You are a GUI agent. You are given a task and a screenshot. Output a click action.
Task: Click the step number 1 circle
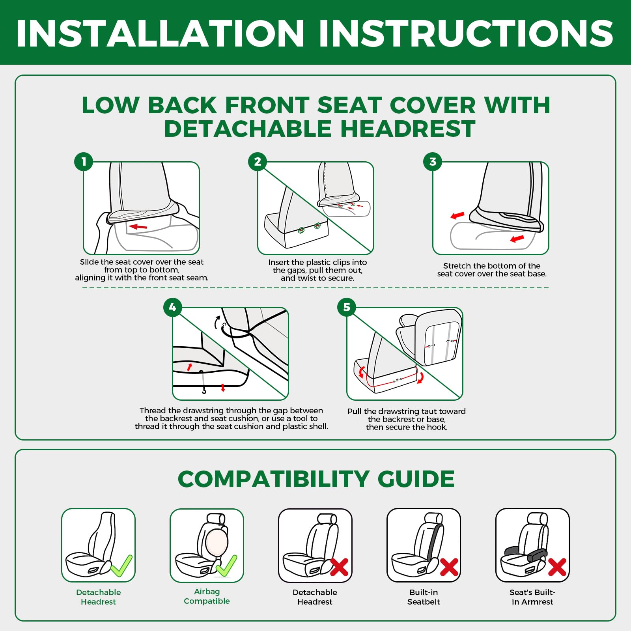point(84,162)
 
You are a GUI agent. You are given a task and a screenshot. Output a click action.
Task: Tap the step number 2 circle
point(258,162)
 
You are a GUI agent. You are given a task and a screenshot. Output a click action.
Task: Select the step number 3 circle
point(433,162)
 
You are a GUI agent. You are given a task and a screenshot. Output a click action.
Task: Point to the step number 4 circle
point(173,307)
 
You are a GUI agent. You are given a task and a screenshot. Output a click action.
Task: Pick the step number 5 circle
point(347,307)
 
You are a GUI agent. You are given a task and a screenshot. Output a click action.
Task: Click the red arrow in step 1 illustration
point(138,227)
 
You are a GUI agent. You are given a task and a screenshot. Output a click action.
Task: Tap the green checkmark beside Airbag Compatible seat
point(226,566)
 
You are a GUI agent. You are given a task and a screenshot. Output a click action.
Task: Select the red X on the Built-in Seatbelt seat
point(449,567)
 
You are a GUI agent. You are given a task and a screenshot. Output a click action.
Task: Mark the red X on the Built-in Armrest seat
point(557,567)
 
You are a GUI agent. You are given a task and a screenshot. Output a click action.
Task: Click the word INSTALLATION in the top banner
point(160,34)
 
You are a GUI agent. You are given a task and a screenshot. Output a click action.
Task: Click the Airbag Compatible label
point(207,596)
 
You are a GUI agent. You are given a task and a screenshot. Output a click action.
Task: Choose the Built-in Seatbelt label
point(424,597)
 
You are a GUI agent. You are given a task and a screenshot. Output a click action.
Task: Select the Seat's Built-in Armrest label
point(532,597)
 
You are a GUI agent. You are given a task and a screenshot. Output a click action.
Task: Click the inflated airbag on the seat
point(217,542)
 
